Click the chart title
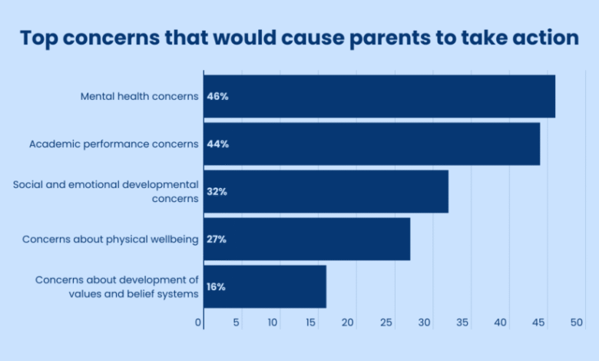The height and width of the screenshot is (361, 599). coord(299,38)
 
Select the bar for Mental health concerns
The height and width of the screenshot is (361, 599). coord(379,97)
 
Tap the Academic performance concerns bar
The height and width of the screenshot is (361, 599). coord(371,144)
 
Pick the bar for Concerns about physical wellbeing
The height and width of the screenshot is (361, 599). coord(306,239)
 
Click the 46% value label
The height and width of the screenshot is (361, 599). coord(217,97)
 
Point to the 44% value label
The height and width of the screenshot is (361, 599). coord(217,144)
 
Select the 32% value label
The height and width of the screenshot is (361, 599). coord(217,191)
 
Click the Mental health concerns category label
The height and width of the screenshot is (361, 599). coord(140,97)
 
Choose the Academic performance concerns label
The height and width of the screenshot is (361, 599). coord(114,144)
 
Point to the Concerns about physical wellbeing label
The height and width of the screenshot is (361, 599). coord(111,239)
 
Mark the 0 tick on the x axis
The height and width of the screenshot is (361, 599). coord(198,323)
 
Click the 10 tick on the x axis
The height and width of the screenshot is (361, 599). coord(273,323)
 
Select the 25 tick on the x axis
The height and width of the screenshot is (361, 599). coord(386,323)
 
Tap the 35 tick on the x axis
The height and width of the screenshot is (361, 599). coord(462,323)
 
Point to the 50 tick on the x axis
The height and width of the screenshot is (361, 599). coord(577,323)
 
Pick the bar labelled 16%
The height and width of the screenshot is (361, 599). coord(264,286)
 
